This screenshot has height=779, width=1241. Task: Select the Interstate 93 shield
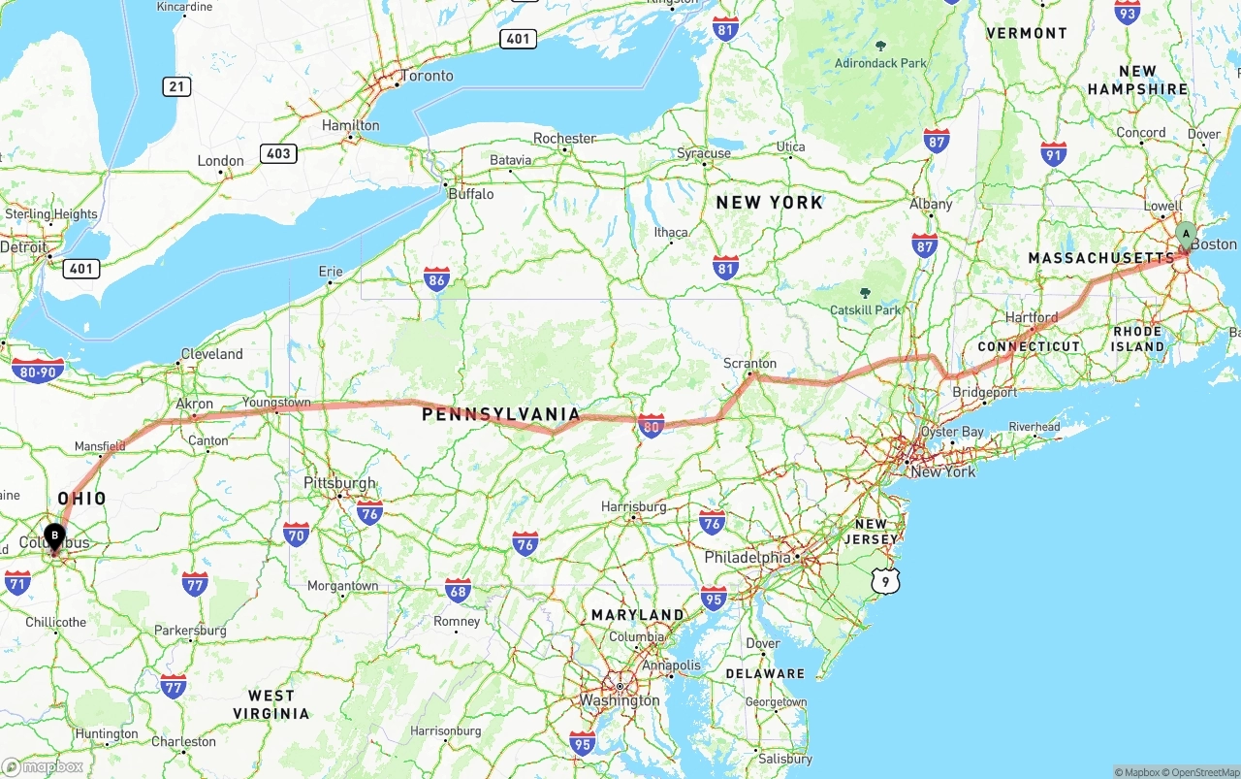(x=1127, y=13)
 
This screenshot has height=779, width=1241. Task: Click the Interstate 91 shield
(x=1054, y=153)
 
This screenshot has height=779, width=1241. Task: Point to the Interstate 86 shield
(x=436, y=281)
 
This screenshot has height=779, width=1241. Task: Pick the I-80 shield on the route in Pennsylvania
(x=652, y=425)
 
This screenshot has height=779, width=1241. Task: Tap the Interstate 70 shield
(x=296, y=534)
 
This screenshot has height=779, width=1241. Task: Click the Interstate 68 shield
(x=459, y=590)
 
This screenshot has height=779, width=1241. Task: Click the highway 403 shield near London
(x=277, y=153)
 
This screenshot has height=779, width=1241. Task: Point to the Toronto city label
(x=427, y=76)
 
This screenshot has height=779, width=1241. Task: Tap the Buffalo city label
(x=470, y=194)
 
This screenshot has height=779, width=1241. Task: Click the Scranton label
(x=749, y=364)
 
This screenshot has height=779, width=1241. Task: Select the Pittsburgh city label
(x=339, y=483)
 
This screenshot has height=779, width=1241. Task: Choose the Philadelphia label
(x=748, y=558)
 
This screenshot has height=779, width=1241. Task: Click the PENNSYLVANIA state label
(x=501, y=415)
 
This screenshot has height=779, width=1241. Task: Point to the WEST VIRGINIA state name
(x=271, y=704)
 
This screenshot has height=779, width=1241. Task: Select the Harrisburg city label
(x=633, y=506)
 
